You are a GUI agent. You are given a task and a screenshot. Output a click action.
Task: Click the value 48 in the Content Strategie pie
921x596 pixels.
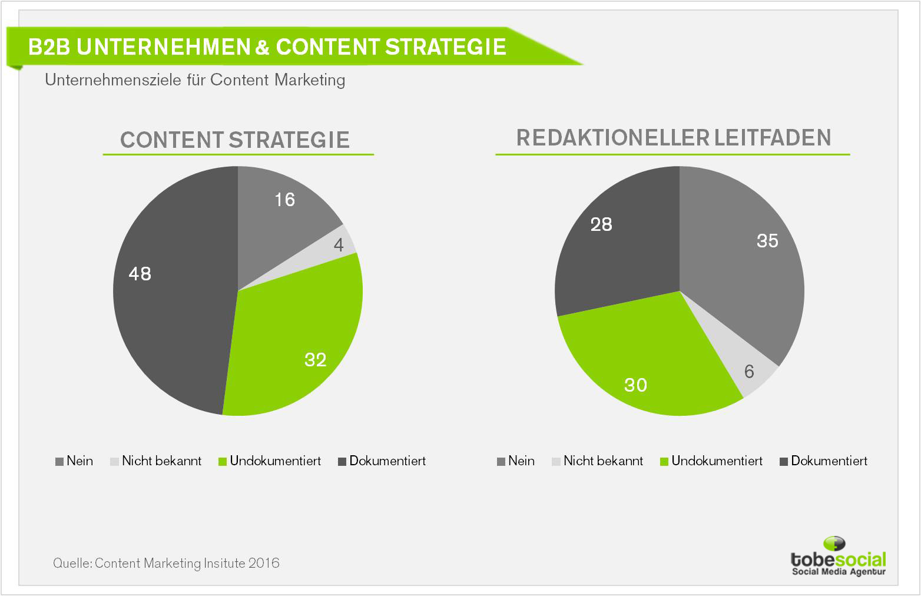pos(140,274)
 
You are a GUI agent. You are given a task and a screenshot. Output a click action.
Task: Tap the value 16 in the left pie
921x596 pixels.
pos(284,200)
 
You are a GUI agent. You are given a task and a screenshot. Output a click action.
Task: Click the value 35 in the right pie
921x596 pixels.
pos(767,241)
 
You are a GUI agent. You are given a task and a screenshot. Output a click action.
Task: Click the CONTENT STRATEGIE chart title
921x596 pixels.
pos(235,140)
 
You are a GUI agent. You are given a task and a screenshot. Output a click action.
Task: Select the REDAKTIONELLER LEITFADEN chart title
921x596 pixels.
pos(674,137)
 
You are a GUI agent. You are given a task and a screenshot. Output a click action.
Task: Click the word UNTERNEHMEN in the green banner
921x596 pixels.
pos(164,47)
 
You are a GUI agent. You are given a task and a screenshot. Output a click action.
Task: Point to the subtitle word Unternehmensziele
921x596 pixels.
pos(113,80)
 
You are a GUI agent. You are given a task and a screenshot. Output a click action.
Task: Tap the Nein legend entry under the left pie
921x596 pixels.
pos(74,461)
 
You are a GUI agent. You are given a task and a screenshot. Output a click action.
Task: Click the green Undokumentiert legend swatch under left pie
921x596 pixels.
pos(223,462)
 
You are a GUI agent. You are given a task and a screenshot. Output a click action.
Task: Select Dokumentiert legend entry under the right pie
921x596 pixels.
pos(824,461)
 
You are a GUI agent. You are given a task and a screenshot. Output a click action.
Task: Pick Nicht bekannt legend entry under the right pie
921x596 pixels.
pos(598,461)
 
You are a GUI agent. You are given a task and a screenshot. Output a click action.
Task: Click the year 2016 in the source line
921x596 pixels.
pos(264,563)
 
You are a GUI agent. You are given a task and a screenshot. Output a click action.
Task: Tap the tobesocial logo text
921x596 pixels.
pos(839,560)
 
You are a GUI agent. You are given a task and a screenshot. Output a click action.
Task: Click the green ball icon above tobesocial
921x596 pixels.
pos(834,544)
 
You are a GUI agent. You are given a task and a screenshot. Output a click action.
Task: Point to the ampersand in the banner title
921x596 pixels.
pos(263,47)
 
